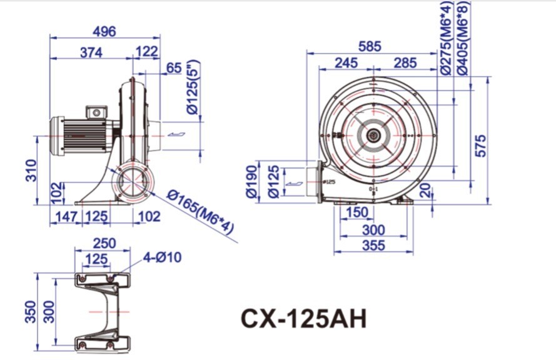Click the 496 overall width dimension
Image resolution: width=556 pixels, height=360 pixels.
(104, 31)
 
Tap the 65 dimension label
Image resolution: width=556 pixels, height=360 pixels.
(175, 68)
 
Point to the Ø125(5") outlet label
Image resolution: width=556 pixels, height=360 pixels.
(193, 88)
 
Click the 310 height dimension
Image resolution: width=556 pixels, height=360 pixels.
(32, 169)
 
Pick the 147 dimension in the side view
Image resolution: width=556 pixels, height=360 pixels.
(62, 216)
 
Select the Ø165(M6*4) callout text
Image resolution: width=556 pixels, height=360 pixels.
(201, 212)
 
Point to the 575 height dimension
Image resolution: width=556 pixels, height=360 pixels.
(480, 145)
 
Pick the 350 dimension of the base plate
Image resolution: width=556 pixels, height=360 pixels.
(30, 311)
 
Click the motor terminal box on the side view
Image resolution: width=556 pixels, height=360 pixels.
(98, 112)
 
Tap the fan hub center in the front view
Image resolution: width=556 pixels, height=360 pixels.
(373, 135)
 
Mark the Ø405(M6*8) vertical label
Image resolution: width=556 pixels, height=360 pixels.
(462, 37)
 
